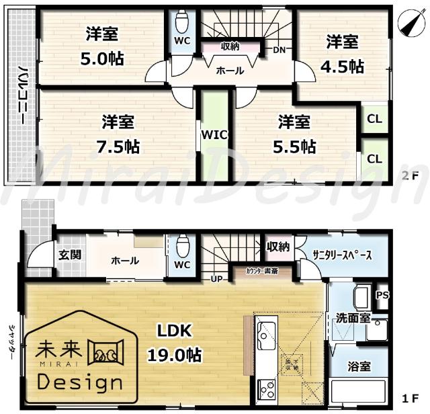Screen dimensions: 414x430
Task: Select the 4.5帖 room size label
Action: click(x=345, y=67)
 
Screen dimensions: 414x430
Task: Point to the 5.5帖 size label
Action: click(x=297, y=147)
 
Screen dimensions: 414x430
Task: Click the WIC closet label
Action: click(x=214, y=134)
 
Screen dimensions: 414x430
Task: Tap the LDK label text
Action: click(x=175, y=330)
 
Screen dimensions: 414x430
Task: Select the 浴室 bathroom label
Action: click(x=359, y=367)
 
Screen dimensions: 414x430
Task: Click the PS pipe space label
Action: click(x=382, y=295)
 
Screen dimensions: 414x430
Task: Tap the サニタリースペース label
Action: click(x=341, y=256)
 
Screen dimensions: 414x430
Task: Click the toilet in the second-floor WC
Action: click(x=181, y=23)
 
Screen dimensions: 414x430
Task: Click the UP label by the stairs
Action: click(x=218, y=278)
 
